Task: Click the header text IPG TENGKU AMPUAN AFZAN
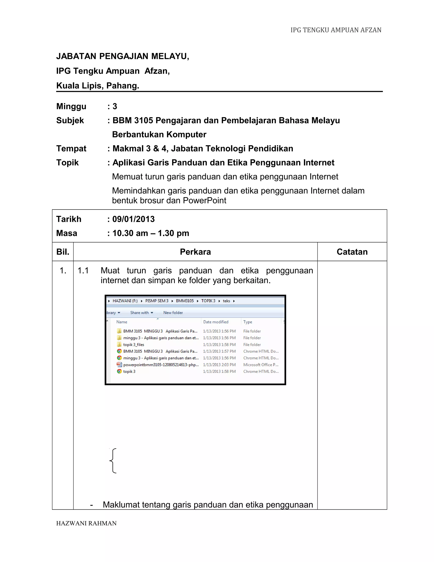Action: tap(336, 30)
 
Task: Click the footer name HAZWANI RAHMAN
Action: tap(86, 523)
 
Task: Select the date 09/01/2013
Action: tap(134, 219)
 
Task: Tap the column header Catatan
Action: tap(352, 252)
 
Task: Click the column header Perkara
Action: tap(195, 252)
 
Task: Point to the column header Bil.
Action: tap(63, 252)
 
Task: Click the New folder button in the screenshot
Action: tap(173, 313)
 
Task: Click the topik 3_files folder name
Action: tap(134, 345)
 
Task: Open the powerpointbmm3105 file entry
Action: tap(161, 365)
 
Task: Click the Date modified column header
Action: tap(216, 322)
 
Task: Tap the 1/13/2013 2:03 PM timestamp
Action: tap(219, 365)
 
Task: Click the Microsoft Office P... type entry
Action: tap(261, 365)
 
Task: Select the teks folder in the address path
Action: tap(226, 301)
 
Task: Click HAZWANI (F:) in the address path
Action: tap(125, 301)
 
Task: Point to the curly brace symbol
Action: tap(113, 461)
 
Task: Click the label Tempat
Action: tap(71, 148)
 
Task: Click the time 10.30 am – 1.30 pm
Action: tap(151, 233)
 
